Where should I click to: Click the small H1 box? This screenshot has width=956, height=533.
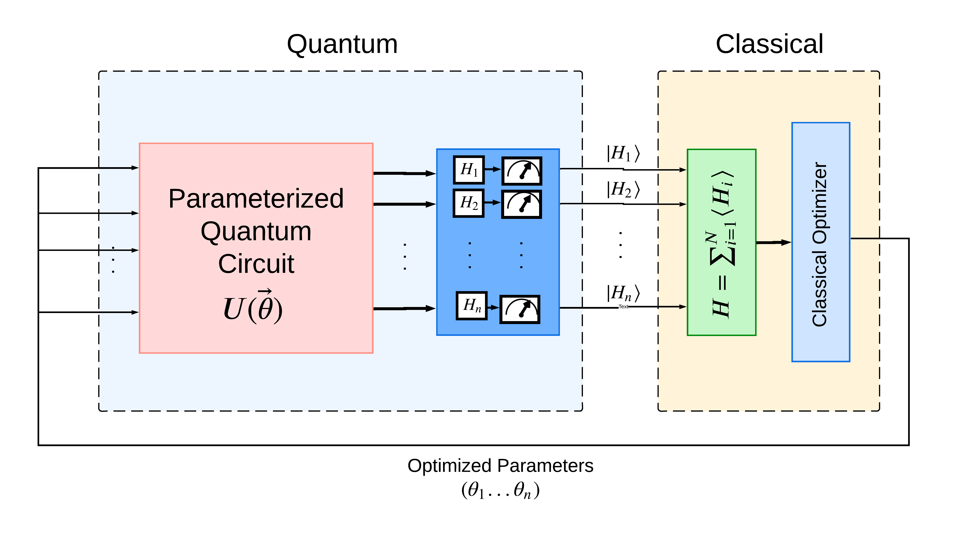[x=469, y=170]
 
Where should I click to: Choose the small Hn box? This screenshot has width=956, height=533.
[x=471, y=306]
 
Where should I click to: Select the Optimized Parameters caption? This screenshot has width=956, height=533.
[x=500, y=466]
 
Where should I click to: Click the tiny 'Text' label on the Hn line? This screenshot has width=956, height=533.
[x=623, y=307]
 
